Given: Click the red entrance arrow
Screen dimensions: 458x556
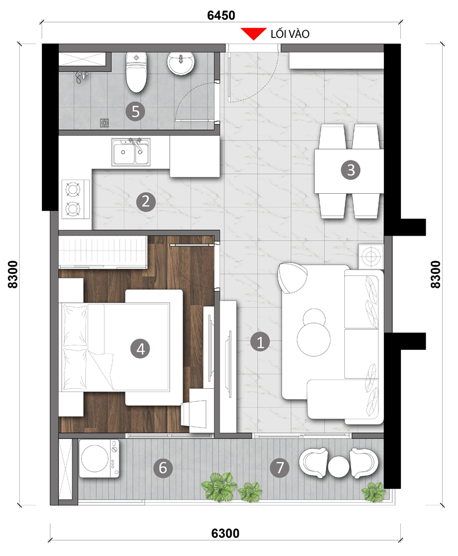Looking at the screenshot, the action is [253, 33].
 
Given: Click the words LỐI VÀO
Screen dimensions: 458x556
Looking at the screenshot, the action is [290, 34].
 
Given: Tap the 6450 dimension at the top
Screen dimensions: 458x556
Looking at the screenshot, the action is [221, 15].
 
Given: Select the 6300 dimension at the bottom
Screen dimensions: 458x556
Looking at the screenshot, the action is [225, 533].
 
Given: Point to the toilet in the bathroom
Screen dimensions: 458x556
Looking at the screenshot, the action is [136, 72].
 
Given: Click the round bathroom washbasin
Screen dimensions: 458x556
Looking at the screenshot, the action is [181, 63].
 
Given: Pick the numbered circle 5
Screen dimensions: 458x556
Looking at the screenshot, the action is [136, 111].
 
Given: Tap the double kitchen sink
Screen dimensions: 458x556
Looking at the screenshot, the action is [131, 152].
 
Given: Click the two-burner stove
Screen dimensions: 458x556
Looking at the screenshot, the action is [76, 199].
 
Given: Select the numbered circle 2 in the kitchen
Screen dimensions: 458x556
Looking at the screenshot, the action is [146, 202].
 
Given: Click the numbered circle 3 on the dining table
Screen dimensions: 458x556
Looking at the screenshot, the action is [351, 170].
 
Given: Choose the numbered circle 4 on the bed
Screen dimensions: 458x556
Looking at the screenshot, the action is [140, 349].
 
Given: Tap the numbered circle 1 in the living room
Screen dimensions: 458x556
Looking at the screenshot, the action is [260, 342].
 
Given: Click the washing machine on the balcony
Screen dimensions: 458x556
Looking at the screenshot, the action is [100, 458].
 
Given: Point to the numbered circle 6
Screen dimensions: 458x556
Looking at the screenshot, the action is [163, 468].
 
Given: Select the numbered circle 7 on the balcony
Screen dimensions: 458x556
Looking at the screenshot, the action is [280, 468].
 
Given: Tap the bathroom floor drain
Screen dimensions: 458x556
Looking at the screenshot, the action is [104, 123].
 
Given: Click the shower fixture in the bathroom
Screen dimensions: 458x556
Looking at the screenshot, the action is [81, 77].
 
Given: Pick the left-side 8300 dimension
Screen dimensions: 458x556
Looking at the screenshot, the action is [13, 275].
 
